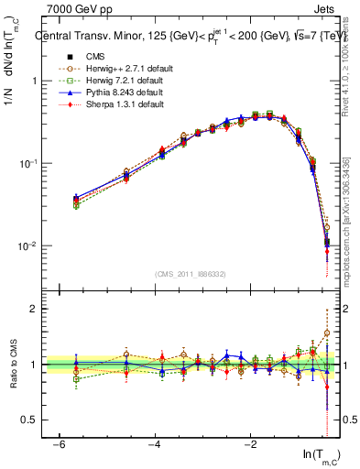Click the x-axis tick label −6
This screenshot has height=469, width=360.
pos(59,443)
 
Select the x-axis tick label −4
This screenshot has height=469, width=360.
pos(155,443)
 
